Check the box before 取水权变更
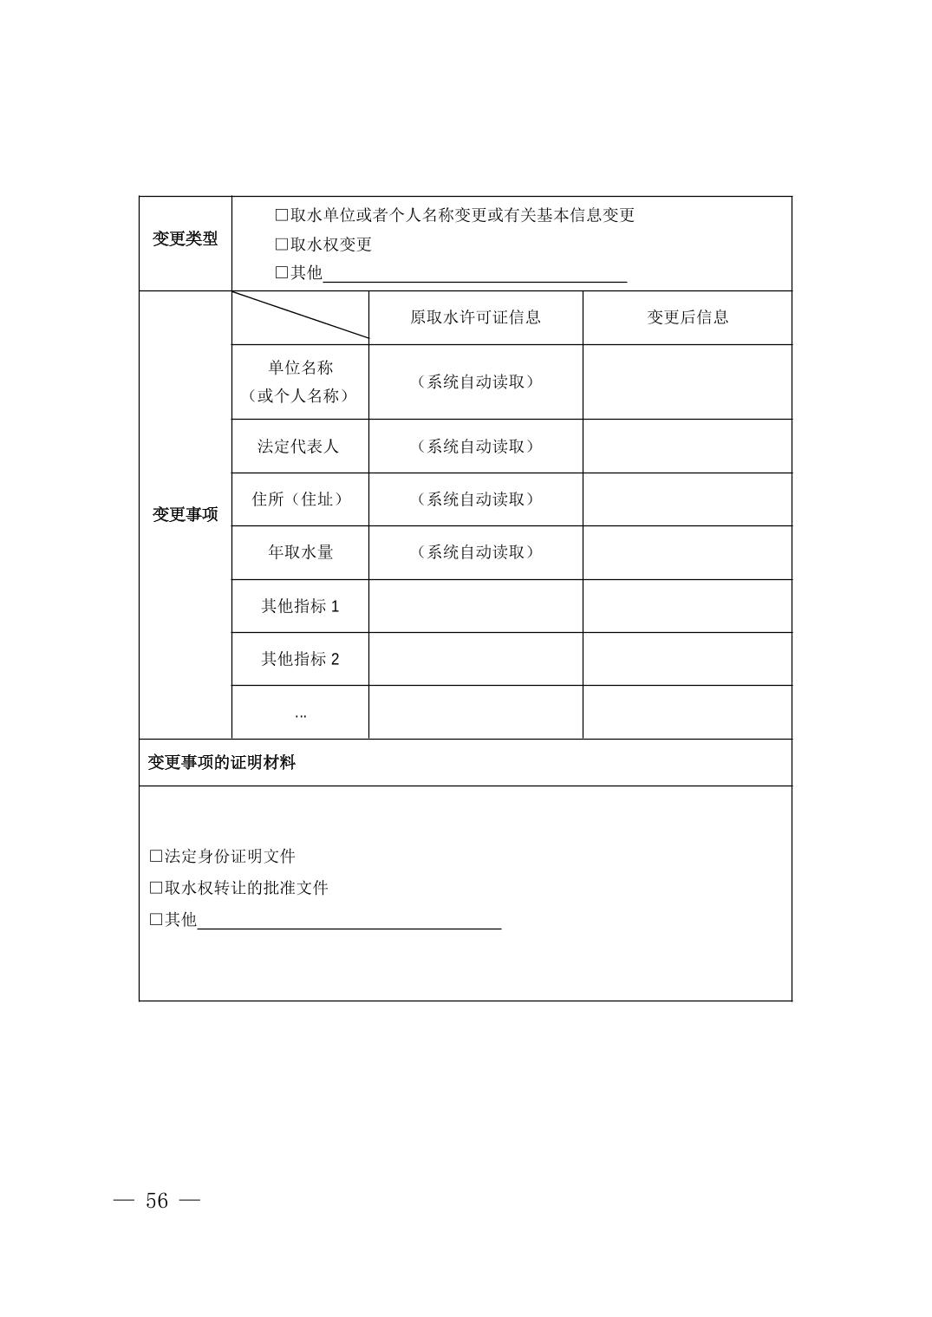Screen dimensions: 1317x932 tap(282, 244)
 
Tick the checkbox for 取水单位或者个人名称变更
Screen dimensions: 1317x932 tap(282, 215)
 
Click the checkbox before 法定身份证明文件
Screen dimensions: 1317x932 tap(156, 857)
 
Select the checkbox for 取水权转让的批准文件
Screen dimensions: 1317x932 tap(156, 888)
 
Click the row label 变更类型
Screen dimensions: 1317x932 tap(186, 239)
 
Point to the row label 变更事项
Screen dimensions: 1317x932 tap(186, 514)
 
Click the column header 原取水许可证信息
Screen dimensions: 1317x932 tap(475, 317)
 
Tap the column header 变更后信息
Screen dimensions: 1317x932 tap(688, 317)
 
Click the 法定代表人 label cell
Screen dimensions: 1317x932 tap(299, 447)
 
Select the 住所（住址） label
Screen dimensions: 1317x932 tap(299, 499)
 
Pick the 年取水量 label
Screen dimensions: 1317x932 tap(300, 552)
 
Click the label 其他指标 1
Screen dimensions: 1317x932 tap(300, 606)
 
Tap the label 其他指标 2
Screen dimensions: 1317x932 tap(300, 659)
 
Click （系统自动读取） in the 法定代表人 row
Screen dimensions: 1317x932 tap(475, 447)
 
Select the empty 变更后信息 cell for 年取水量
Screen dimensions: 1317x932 tap(688, 552)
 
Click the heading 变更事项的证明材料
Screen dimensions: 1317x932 tap(222, 763)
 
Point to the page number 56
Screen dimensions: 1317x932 tap(157, 1201)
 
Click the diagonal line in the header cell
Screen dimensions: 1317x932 tap(300, 315)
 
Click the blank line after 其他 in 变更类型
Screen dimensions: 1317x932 tap(475, 276)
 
